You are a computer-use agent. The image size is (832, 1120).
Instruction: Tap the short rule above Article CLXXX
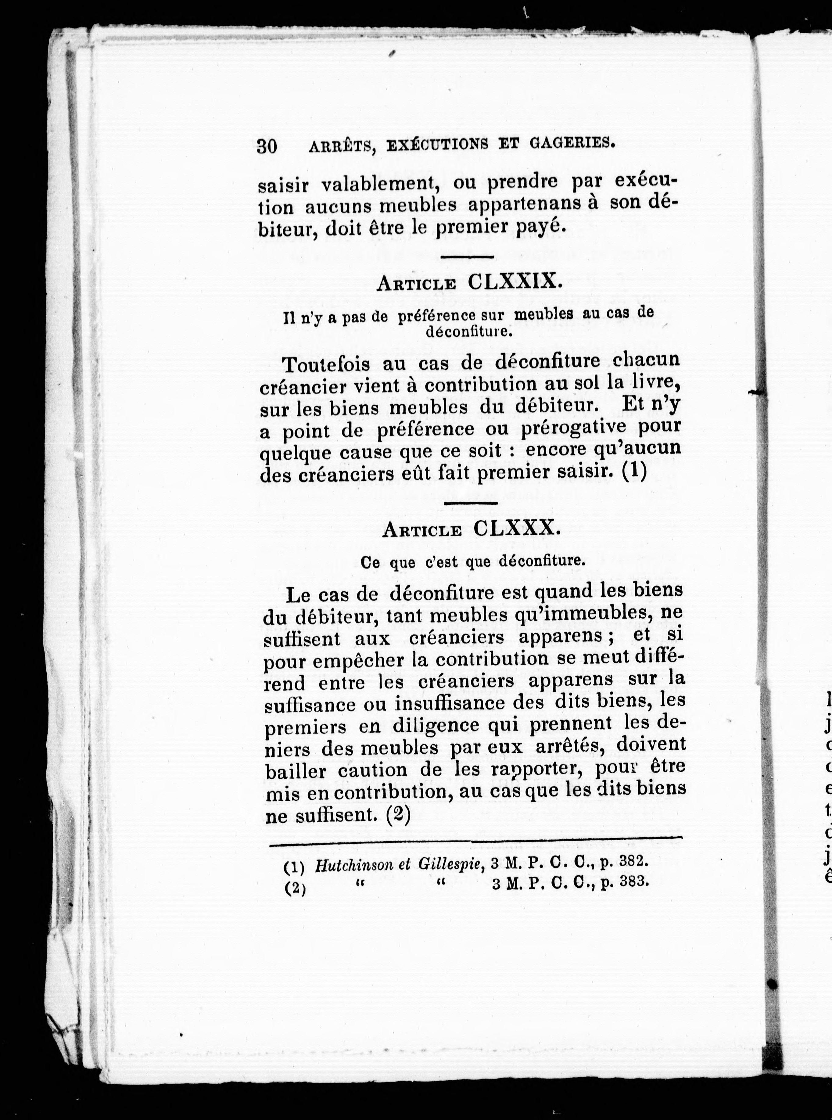471,503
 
